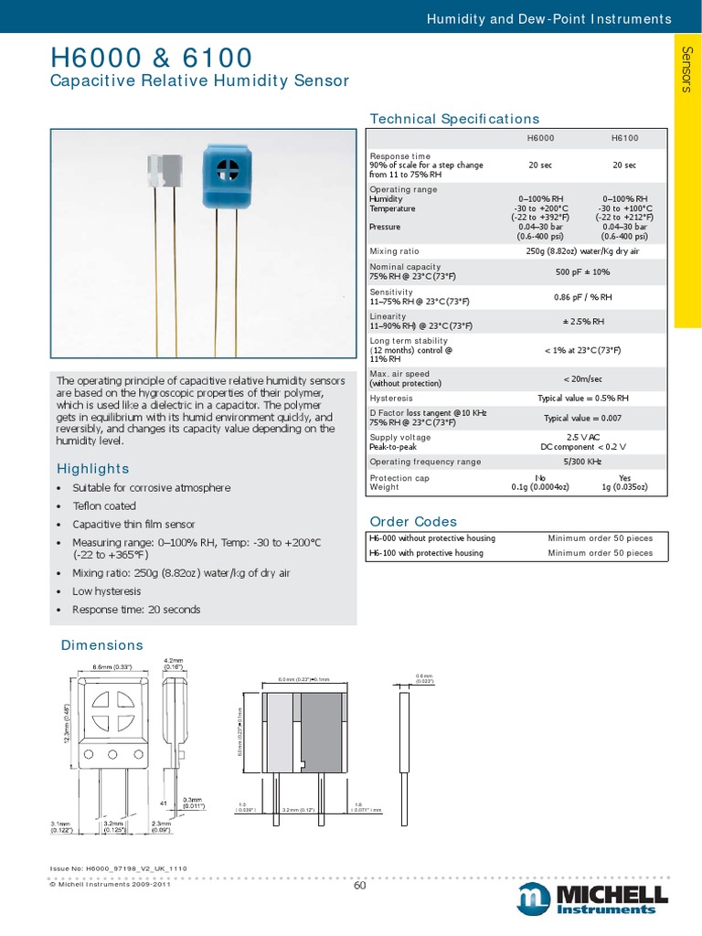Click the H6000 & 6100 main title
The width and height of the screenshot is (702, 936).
coord(150,58)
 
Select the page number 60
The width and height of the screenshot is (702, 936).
coord(359,885)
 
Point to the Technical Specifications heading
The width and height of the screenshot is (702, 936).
coord(453,119)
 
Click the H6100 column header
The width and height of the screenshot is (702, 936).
coord(624,137)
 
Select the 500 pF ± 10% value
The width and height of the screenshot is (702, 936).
coord(581,272)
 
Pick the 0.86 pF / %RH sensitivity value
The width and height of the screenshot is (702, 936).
coord(581,297)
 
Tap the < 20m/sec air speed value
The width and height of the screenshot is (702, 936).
coord(581,378)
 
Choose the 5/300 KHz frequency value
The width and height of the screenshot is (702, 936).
coord(581,462)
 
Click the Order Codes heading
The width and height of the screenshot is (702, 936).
coord(411,522)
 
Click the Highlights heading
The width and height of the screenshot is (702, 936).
coord(92,469)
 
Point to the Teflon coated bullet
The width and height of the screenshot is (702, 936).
coord(104,505)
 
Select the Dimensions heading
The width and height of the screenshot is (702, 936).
coord(101,645)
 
